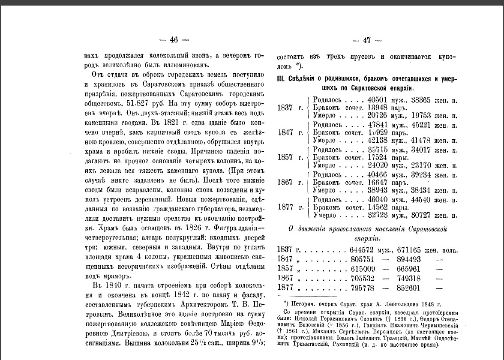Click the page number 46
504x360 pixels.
click(174, 40)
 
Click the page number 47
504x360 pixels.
click(366, 41)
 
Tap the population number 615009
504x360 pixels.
click(363, 269)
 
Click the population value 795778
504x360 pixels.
click(363, 288)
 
